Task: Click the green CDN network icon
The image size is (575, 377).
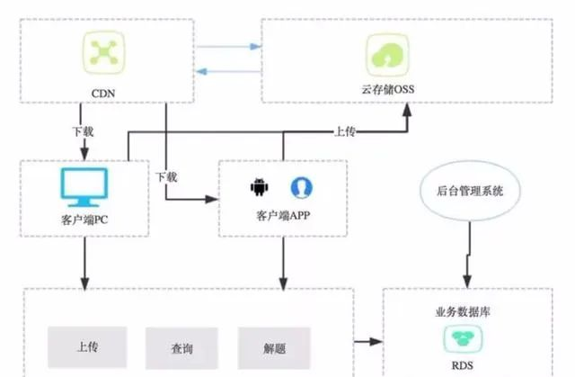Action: point(104,52)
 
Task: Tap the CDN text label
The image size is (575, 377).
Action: point(103,94)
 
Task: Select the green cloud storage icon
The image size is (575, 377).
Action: point(387,55)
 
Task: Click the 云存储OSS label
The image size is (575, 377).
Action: point(388,89)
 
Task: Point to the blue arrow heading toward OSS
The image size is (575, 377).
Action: point(229,47)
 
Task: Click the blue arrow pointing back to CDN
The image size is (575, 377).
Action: point(228,72)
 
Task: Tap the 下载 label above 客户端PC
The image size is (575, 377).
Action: point(83,131)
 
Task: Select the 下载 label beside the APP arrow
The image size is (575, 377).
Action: point(166,177)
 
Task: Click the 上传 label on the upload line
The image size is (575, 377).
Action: point(345,131)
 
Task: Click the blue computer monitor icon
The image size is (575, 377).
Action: point(84,187)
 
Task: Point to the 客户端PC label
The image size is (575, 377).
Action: point(84,220)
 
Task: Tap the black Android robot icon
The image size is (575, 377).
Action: point(260,187)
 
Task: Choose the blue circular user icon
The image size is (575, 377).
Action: point(302,187)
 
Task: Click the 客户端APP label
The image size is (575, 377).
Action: point(283,215)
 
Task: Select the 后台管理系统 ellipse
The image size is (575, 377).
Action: point(470,191)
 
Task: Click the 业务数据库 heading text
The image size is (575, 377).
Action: point(463,312)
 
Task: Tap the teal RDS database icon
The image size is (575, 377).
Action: point(463,338)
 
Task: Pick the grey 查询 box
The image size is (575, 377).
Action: point(181,348)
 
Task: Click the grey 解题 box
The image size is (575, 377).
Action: point(274,348)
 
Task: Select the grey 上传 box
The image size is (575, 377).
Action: point(87,347)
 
